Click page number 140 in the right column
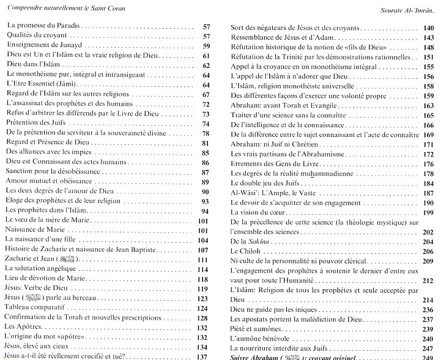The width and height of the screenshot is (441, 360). (x=427, y=28)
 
